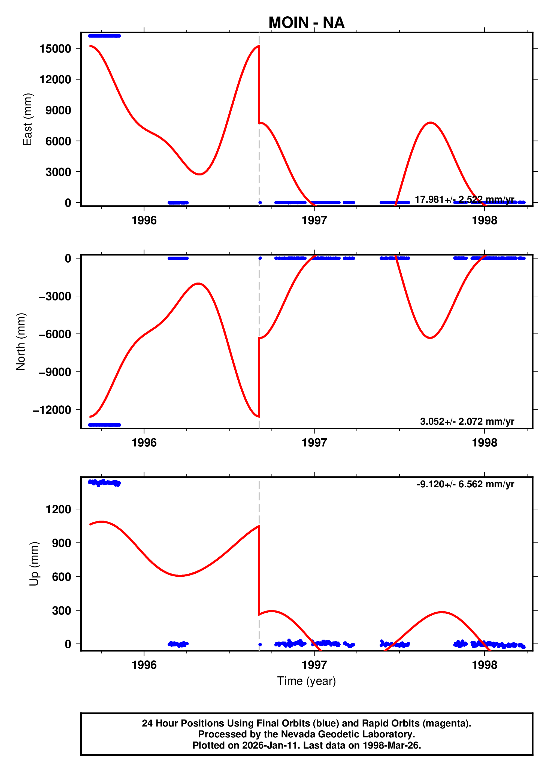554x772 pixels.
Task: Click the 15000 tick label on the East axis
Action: pyautogui.click(x=55, y=49)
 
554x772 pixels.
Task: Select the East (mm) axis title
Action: pyautogui.click(x=27, y=119)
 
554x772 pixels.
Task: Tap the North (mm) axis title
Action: pyautogui.click(x=21, y=341)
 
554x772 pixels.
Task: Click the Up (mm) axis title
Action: pyautogui.click(x=34, y=564)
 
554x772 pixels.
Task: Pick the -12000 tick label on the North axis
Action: pyautogui.click(x=52, y=410)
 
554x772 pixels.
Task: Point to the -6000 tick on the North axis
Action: pyautogui.click(x=55, y=334)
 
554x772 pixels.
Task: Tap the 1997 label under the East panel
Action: pyautogui.click(x=314, y=221)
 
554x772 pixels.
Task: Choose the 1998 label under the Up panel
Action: pyautogui.click(x=484, y=665)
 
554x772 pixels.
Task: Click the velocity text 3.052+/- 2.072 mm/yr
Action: pyautogui.click(x=467, y=421)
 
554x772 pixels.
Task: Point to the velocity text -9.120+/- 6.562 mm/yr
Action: pyautogui.click(x=465, y=484)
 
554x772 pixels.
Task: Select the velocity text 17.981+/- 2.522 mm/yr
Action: pyautogui.click(x=464, y=199)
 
